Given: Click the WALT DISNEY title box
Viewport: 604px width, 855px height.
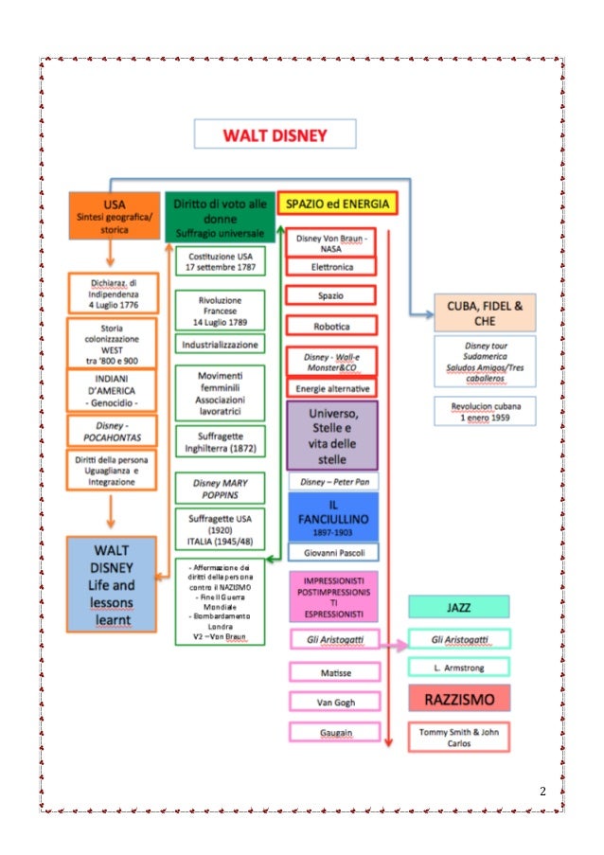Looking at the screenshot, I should [275, 134].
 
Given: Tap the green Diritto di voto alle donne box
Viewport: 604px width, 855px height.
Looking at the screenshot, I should [219, 217].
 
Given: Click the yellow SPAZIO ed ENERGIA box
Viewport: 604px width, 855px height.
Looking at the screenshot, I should [336, 204].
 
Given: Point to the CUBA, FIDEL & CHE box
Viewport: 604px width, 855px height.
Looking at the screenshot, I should [485, 312].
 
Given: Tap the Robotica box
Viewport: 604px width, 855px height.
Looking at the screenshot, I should [331, 325].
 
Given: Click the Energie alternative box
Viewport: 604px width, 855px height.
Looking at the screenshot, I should [331, 388].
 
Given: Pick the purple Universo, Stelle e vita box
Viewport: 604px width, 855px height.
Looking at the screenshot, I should [331, 436].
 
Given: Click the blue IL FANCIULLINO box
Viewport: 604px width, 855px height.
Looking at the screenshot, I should [332, 516].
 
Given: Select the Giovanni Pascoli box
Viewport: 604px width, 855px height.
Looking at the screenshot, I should [332, 552].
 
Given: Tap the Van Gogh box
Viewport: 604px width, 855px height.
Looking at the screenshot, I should [334, 702].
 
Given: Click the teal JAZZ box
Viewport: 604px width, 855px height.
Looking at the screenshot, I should [458, 606].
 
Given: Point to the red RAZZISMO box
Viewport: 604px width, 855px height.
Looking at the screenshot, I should [458, 698].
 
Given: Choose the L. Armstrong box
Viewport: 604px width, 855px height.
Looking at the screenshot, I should [458, 668].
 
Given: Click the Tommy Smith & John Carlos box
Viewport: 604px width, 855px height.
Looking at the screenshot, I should [458, 737].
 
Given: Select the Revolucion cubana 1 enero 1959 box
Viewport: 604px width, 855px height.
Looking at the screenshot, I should [486, 411].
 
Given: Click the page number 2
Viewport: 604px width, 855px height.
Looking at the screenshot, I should [543, 790].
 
